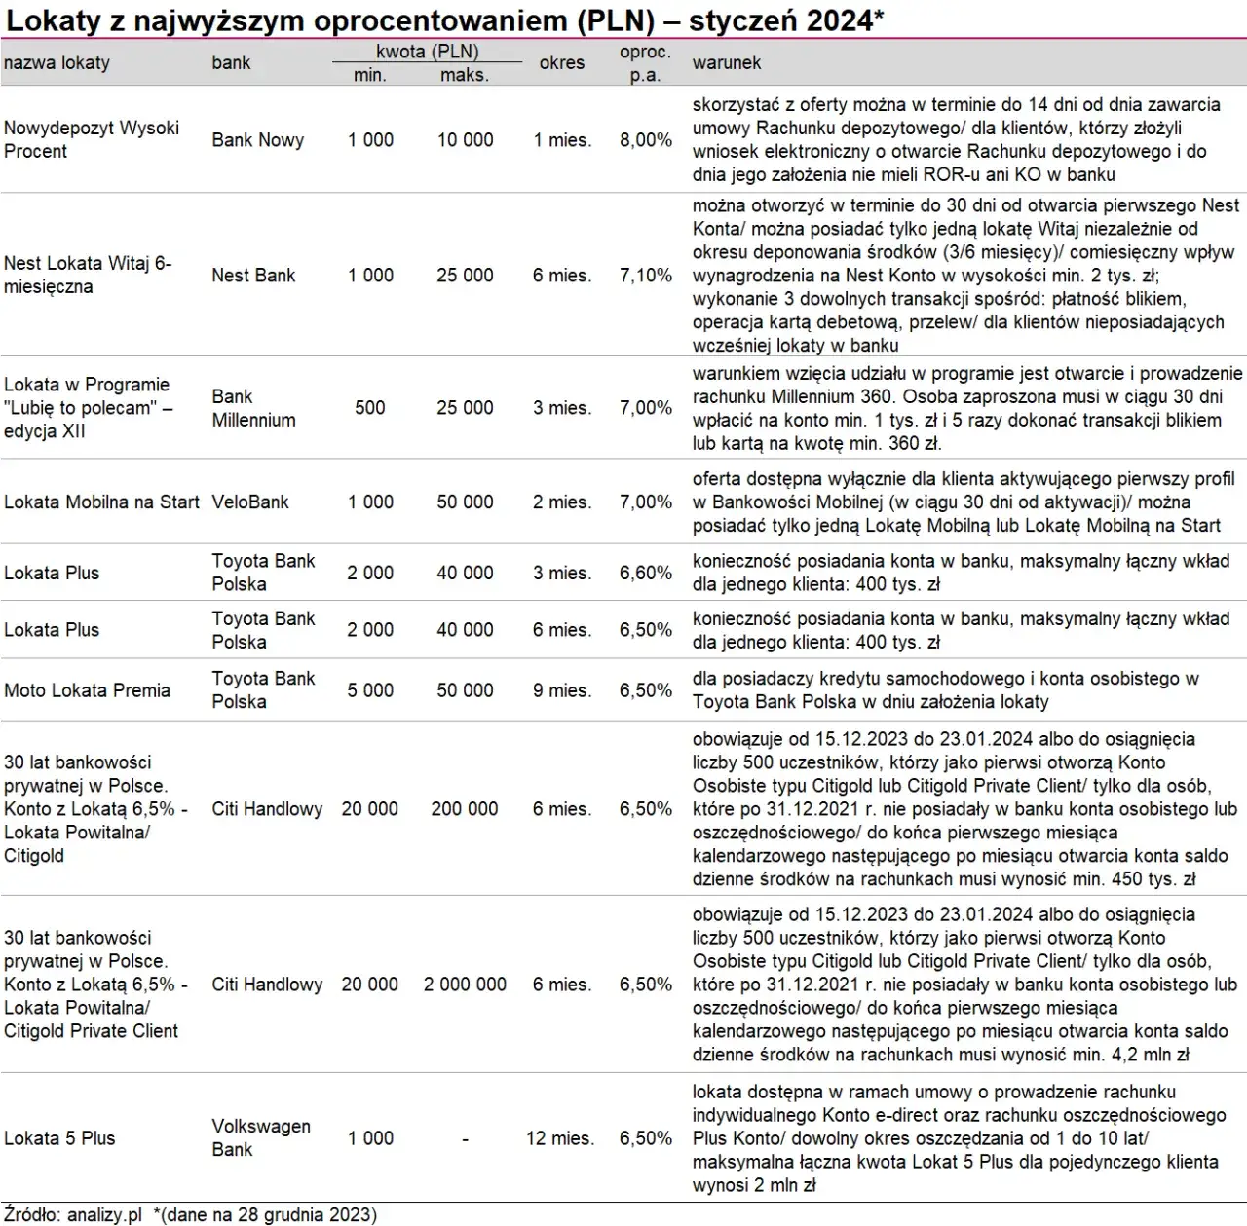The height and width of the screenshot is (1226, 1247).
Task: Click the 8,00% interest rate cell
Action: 645,140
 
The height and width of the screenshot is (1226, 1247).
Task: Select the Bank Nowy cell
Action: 257,140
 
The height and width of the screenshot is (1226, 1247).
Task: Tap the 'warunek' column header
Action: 726,63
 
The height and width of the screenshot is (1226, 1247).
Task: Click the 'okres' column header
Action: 561,63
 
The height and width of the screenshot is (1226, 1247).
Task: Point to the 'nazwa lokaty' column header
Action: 57,63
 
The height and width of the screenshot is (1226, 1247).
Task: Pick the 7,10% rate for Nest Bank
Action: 645,276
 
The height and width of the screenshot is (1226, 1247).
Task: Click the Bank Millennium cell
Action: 253,408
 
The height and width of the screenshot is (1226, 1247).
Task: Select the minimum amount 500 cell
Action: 369,408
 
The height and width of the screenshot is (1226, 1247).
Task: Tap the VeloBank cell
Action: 250,502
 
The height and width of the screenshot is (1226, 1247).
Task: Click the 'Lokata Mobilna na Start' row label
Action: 101,502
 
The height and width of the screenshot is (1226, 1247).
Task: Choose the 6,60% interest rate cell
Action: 645,573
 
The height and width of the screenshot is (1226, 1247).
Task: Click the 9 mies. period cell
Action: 561,690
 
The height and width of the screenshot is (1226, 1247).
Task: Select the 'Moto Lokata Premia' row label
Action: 87,690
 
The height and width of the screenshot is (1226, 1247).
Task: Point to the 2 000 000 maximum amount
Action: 465,985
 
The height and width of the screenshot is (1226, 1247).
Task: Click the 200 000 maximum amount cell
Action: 465,809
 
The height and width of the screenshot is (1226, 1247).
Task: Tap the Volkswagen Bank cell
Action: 260,1137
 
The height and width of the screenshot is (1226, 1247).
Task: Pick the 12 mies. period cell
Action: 560,1138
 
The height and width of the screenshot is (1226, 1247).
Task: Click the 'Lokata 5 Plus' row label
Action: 59,1138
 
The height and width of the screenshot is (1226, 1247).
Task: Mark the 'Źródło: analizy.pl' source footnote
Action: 72,1214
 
